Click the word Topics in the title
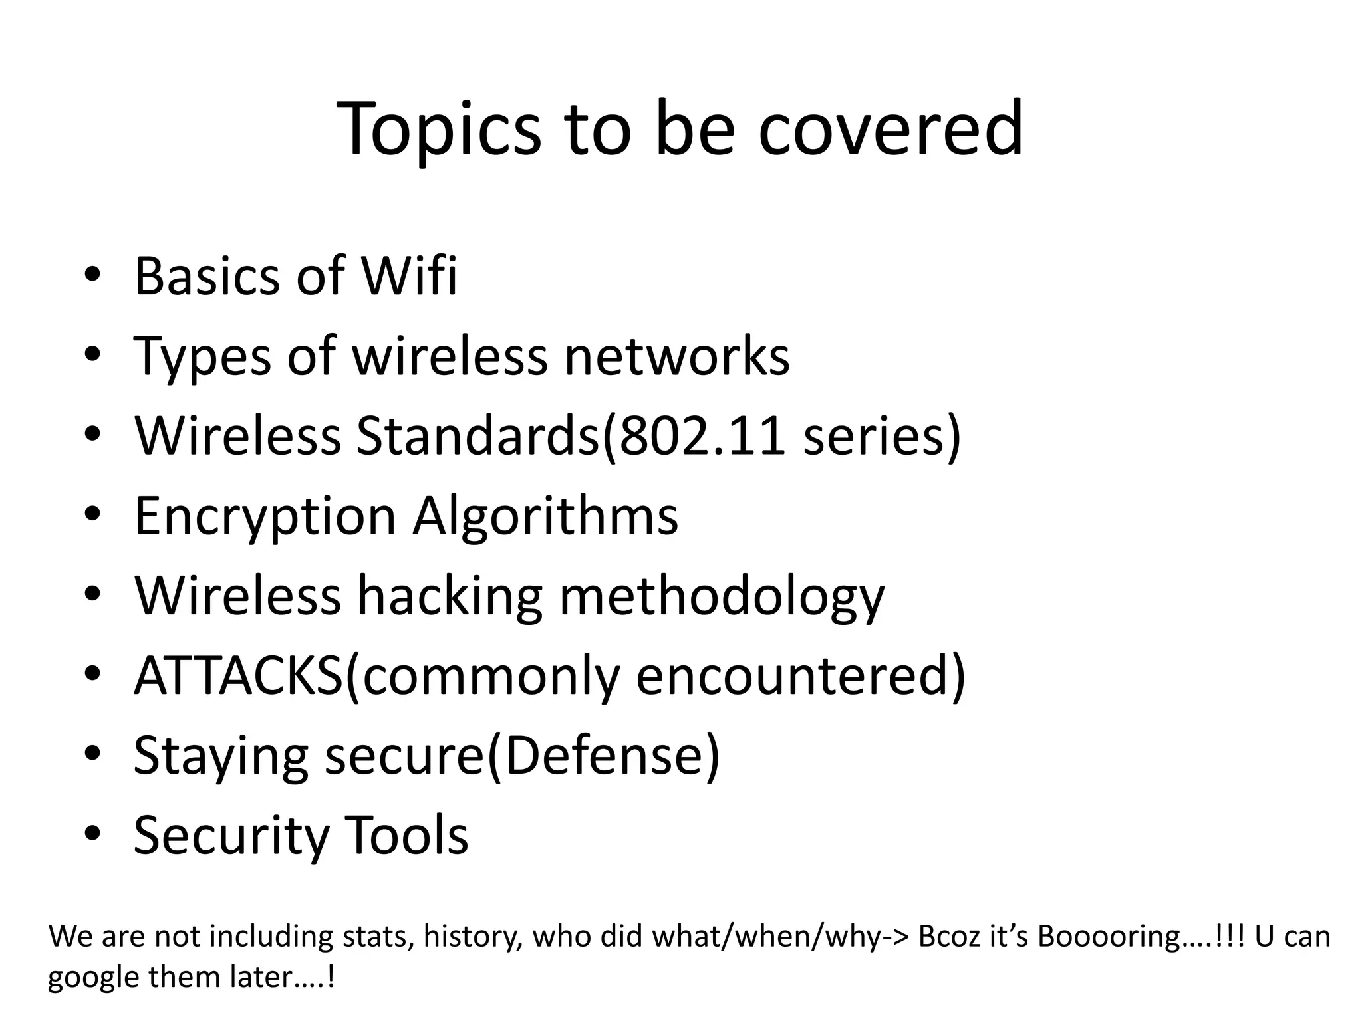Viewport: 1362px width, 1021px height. tap(439, 130)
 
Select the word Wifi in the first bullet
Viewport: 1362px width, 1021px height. tap(409, 275)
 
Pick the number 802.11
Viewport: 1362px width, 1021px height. tap(702, 436)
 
